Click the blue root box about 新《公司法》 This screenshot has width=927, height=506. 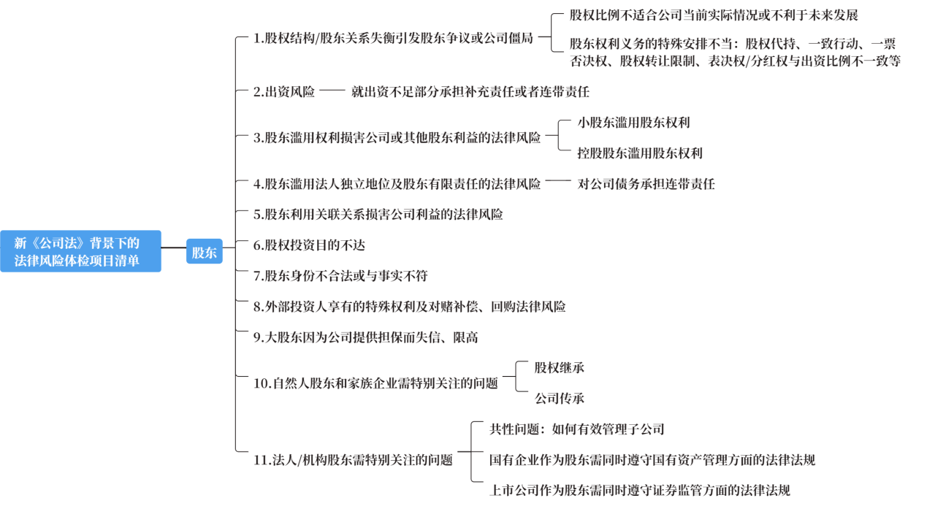[80, 251]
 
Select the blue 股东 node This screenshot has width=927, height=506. [205, 251]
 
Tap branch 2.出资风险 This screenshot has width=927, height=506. [284, 91]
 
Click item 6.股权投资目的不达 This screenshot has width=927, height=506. [309, 245]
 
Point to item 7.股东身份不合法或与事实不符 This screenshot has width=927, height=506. [340, 275]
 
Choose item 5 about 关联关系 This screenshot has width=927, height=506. [378, 215]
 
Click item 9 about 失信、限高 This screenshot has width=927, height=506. [366, 337]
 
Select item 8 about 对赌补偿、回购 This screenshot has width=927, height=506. [410, 307]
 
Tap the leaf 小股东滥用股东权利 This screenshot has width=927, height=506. [633, 123]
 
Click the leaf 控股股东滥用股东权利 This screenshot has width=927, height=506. [640, 153]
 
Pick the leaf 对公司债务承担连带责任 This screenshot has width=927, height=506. [646, 184]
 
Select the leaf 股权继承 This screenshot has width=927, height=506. [559, 367]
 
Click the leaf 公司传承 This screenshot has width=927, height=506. [559, 399]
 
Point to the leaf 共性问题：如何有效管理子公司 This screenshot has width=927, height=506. [577, 429]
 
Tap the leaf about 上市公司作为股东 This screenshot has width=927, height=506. [640, 490]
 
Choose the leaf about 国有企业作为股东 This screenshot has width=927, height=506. [652, 460]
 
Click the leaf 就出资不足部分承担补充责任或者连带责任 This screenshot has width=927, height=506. [470, 91]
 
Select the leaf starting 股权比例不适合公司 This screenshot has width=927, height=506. [714, 15]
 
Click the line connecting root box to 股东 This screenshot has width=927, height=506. [174, 248]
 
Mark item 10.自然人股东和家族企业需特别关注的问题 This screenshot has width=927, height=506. [375, 383]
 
